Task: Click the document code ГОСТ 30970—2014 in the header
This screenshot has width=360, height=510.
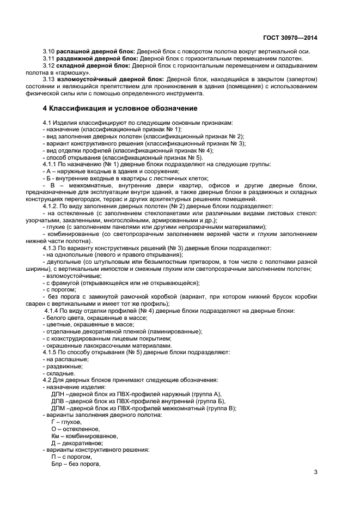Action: (x=291, y=38)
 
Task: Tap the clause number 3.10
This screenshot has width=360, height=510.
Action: (x=48, y=51)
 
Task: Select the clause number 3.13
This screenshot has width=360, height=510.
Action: (x=48, y=80)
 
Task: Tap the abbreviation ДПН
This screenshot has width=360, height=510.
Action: (x=58, y=393)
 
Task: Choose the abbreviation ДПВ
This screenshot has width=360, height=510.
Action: (x=58, y=400)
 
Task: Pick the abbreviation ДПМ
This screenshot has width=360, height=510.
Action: (x=58, y=408)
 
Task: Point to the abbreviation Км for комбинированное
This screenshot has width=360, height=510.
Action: (x=56, y=436)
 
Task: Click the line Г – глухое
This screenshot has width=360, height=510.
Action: (x=66, y=422)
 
